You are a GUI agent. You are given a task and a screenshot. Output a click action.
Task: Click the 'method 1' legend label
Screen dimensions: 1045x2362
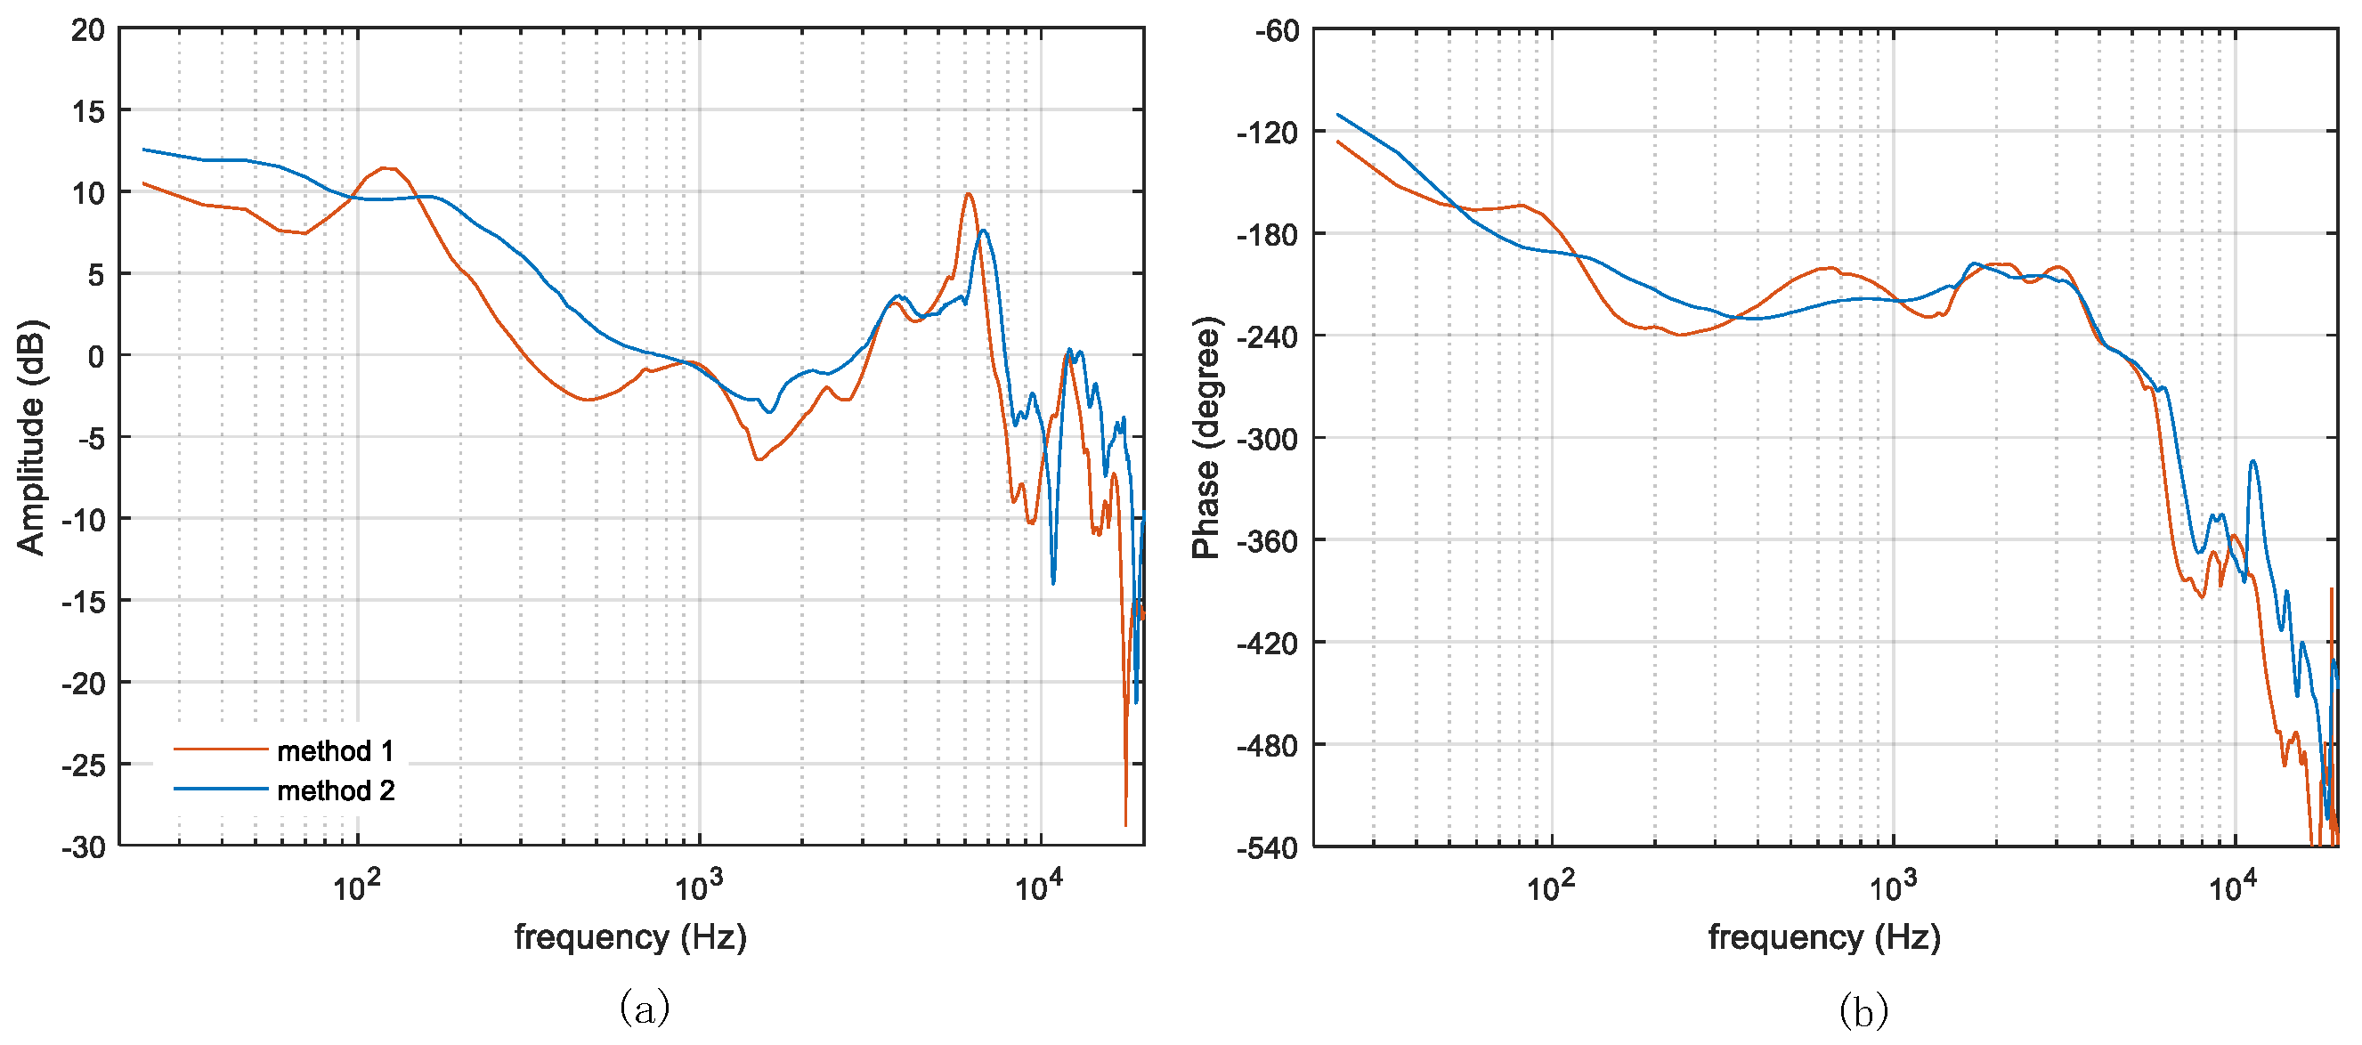pyautogui.click(x=336, y=750)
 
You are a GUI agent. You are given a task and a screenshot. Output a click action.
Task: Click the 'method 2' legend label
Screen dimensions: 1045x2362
pyautogui.click(x=336, y=790)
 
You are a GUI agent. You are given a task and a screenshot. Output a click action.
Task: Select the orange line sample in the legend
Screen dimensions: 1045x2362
pyautogui.click(x=220, y=749)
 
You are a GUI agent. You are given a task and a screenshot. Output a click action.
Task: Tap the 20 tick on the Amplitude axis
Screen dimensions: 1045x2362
pyautogui.click(x=88, y=30)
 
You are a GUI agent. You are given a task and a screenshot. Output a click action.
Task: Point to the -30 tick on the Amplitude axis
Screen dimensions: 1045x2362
pyautogui.click(x=84, y=847)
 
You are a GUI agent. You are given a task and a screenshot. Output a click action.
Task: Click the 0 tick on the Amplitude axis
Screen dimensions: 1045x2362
pyautogui.click(x=95, y=357)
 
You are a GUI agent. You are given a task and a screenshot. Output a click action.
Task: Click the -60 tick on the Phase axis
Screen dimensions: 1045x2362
pyautogui.click(x=1278, y=31)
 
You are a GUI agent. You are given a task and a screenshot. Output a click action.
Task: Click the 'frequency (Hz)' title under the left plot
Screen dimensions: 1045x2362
pyautogui.click(x=631, y=936)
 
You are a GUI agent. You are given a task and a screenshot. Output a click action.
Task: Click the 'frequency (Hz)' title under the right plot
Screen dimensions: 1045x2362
pyautogui.click(x=1823, y=936)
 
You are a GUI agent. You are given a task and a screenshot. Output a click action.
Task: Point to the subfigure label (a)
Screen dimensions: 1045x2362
pyautogui.click(x=645, y=1009)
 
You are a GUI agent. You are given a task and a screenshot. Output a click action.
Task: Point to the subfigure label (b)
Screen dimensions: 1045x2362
pyautogui.click(x=1863, y=1012)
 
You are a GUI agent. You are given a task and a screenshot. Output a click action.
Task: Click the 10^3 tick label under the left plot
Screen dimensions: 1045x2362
pyautogui.click(x=699, y=887)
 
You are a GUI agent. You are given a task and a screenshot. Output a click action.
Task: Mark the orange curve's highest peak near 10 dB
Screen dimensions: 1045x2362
pyautogui.click(x=969, y=193)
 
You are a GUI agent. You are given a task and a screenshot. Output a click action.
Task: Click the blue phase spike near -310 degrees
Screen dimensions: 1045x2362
pyautogui.click(x=2252, y=462)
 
